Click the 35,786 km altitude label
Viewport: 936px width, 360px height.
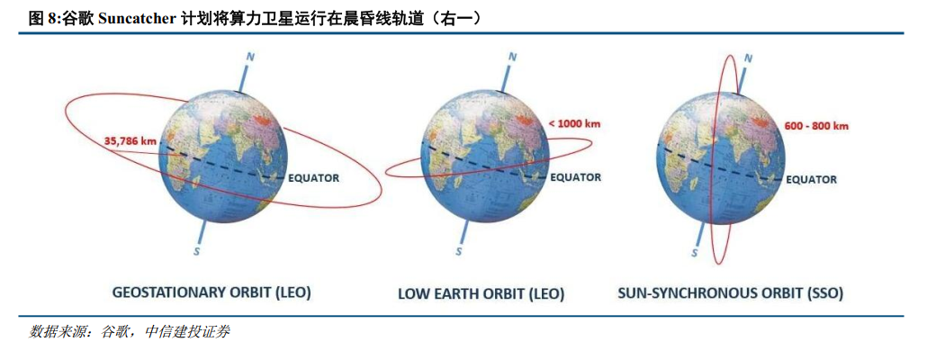click(x=131, y=141)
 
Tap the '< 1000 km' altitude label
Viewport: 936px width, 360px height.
click(x=573, y=123)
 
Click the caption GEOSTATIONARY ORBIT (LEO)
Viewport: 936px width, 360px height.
click(x=211, y=292)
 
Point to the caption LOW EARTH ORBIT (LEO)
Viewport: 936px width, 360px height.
click(x=481, y=293)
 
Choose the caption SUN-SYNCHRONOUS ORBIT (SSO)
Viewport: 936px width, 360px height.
click(x=730, y=293)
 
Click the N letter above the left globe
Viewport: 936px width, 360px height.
click(x=251, y=58)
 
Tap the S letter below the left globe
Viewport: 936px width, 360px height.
click(x=197, y=251)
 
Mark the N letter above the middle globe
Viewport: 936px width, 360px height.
click(x=512, y=58)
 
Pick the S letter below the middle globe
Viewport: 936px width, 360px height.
click(x=458, y=251)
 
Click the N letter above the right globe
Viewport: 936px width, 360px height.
click(x=748, y=58)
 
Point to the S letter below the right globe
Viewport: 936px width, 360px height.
click(x=695, y=253)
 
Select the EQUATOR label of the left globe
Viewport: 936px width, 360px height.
click(x=314, y=178)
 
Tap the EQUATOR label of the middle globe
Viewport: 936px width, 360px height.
click(x=575, y=177)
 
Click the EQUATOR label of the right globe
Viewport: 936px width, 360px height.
click(x=811, y=179)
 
